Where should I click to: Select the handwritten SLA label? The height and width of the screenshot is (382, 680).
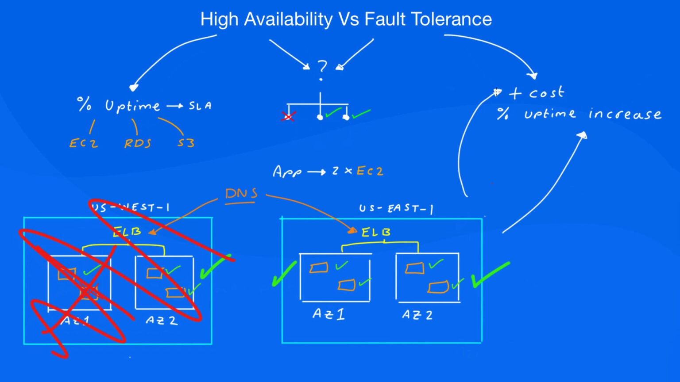pos(200,106)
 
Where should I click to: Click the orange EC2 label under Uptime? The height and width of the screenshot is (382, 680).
pos(83,143)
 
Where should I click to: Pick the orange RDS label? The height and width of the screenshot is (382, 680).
pos(138,144)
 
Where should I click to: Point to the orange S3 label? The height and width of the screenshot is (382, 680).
pos(186,143)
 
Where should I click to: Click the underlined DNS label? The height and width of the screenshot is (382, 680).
pos(241,194)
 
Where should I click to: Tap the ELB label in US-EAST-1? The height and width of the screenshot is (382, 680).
pos(376,232)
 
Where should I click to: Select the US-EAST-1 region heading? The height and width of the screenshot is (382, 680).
pos(396,208)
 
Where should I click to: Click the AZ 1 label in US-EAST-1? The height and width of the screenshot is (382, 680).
pos(328,314)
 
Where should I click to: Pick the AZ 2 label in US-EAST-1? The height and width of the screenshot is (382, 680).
pos(417,315)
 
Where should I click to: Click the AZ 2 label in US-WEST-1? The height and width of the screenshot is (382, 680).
pos(162,320)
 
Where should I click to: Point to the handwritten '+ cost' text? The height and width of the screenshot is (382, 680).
pos(536,93)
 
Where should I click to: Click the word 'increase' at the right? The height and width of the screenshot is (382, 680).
pos(625,114)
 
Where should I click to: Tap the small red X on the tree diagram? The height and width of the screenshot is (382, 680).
pos(288,117)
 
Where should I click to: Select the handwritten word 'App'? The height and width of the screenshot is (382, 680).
pos(287,172)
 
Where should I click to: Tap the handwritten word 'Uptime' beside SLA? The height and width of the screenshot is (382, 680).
pos(132,106)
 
